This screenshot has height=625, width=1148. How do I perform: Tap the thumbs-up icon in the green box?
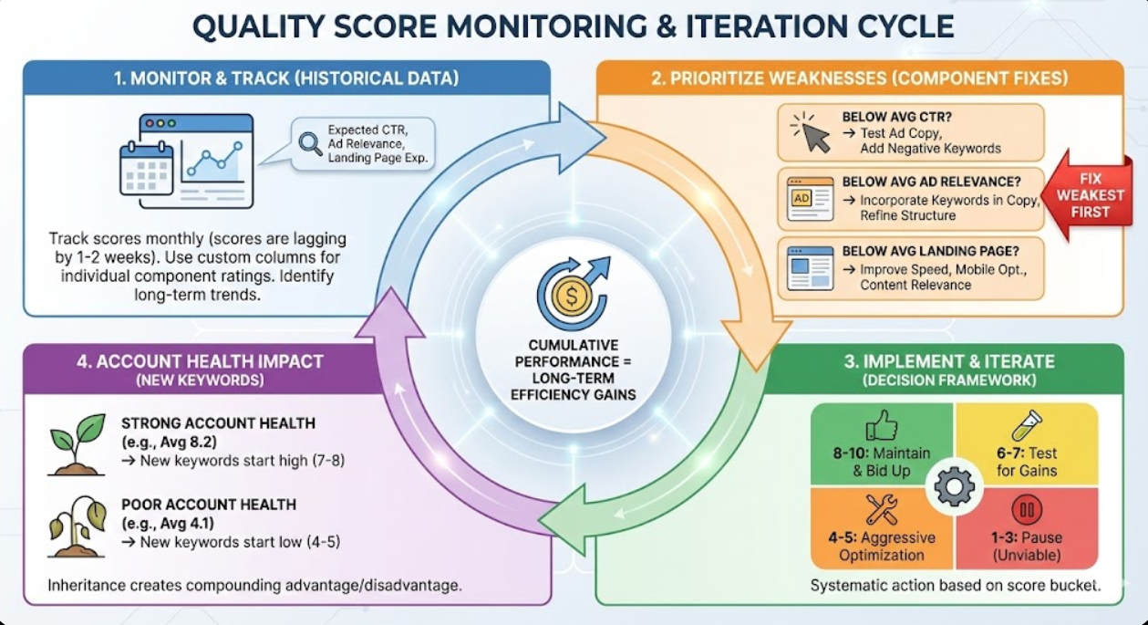[881, 427]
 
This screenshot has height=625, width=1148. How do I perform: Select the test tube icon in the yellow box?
[1026, 426]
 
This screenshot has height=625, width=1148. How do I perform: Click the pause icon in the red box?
[1027, 510]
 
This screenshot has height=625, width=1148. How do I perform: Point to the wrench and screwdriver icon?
[881, 510]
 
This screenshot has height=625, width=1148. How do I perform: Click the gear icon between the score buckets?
[954, 486]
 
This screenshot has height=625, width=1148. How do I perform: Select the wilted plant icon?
[77, 526]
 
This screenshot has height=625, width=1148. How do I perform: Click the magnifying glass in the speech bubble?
[311, 143]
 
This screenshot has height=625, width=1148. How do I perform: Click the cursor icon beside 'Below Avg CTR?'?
[811, 132]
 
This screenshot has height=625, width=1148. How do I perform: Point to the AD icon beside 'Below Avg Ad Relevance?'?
[810, 198]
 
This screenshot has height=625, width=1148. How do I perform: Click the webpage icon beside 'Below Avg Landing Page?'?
[810, 268]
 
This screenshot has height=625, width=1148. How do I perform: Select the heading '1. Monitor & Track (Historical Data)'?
[286, 78]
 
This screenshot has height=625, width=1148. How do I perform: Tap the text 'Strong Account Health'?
[218, 423]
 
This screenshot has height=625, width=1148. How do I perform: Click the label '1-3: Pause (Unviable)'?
[1027, 546]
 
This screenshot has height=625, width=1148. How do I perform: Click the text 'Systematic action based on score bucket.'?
[955, 585]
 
